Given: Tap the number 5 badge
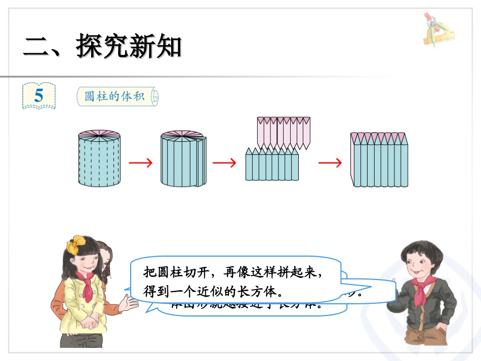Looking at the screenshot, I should (x=39, y=96).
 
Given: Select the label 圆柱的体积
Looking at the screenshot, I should (x=117, y=96).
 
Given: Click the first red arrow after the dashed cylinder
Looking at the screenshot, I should (x=140, y=163).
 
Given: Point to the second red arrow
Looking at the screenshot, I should (x=224, y=163).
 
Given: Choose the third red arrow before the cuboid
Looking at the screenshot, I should (x=330, y=163).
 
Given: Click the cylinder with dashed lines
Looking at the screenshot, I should (x=99, y=162).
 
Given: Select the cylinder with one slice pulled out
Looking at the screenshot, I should (x=183, y=161).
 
